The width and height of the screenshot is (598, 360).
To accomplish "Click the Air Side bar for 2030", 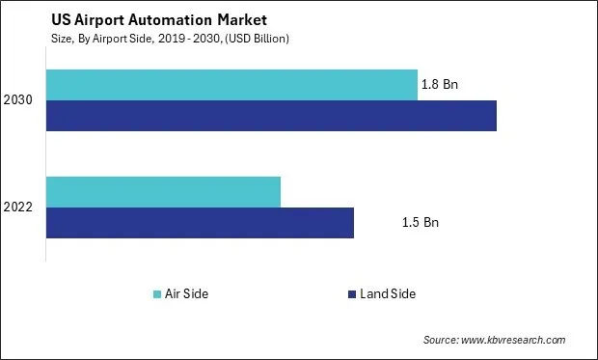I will (231, 85).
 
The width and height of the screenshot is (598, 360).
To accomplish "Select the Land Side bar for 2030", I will (271, 115).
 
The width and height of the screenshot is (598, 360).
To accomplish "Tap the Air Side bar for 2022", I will (163, 191).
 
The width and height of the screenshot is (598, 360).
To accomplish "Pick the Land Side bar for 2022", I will (200, 222).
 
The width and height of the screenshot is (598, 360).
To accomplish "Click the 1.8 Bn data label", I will (439, 85).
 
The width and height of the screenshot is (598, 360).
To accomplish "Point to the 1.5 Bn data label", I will (420, 222).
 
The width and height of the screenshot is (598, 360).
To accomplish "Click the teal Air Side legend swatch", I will (157, 293).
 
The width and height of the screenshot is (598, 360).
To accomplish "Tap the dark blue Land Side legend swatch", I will (350, 293).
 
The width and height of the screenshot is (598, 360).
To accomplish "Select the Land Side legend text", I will (387, 293).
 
